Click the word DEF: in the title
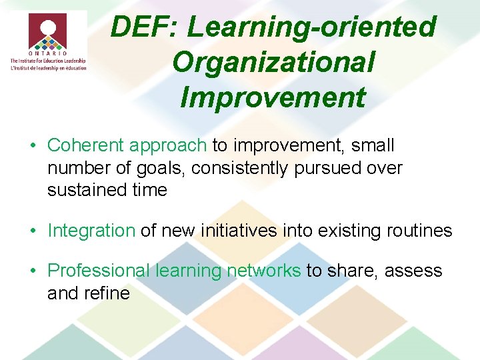click(145, 28)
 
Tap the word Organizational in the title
click(273, 63)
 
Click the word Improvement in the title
click(273, 97)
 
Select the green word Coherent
click(86, 145)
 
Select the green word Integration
click(91, 231)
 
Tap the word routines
click(413, 231)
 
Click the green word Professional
click(99, 271)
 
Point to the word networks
click(263, 271)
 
